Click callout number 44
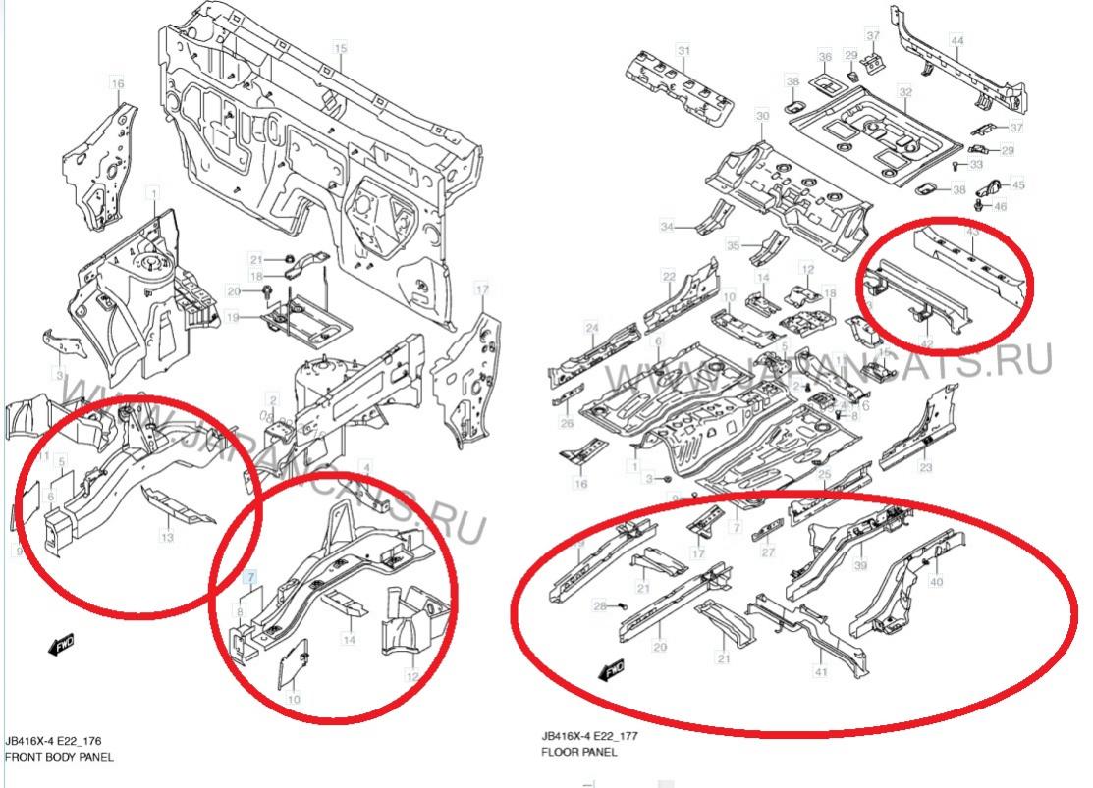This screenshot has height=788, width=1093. click(956, 40)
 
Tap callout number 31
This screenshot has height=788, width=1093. click(684, 50)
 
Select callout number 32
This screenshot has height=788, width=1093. click(904, 93)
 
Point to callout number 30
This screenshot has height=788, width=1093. click(762, 117)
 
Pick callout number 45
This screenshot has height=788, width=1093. click(1017, 184)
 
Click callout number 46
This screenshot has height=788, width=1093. click(1001, 207)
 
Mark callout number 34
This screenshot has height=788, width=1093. click(667, 228)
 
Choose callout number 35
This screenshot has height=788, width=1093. click(732, 245)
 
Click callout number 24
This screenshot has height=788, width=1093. click(592, 328)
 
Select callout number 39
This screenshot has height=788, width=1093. click(859, 566)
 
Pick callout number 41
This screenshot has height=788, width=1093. click(820, 672)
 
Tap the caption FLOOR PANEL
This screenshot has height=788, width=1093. click(579, 752)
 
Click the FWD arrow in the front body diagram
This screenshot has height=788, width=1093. click(61, 645)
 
